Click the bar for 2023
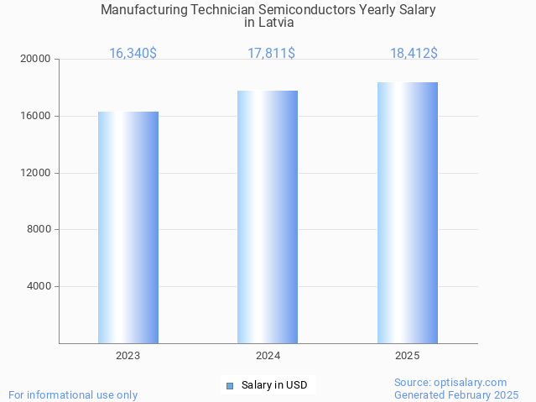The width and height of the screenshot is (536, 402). (x=128, y=227)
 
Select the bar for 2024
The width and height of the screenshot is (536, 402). (x=268, y=217)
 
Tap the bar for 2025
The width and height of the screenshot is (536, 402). (x=408, y=213)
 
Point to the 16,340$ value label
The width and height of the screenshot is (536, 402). (x=133, y=53)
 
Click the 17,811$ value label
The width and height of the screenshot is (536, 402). (x=271, y=53)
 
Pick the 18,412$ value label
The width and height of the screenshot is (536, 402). (x=414, y=53)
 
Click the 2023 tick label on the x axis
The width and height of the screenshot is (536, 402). (x=128, y=356)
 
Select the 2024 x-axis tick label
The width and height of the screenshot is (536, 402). (x=268, y=356)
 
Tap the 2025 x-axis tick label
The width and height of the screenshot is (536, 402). (x=408, y=356)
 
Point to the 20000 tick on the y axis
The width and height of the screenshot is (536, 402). (x=36, y=59)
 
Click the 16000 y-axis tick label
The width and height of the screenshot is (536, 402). (x=36, y=116)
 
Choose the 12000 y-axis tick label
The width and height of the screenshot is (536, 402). (x=36, y=173)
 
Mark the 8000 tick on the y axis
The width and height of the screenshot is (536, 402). (x=39, y=229)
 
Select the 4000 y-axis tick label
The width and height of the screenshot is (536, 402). (x=39, y=286)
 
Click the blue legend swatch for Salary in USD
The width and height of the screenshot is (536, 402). (x=230, y=386)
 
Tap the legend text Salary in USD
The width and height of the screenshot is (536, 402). (x=274, y=386)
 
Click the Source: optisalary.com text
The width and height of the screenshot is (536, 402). (x=450, y=383)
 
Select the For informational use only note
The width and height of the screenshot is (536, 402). (x=73, y=394)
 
